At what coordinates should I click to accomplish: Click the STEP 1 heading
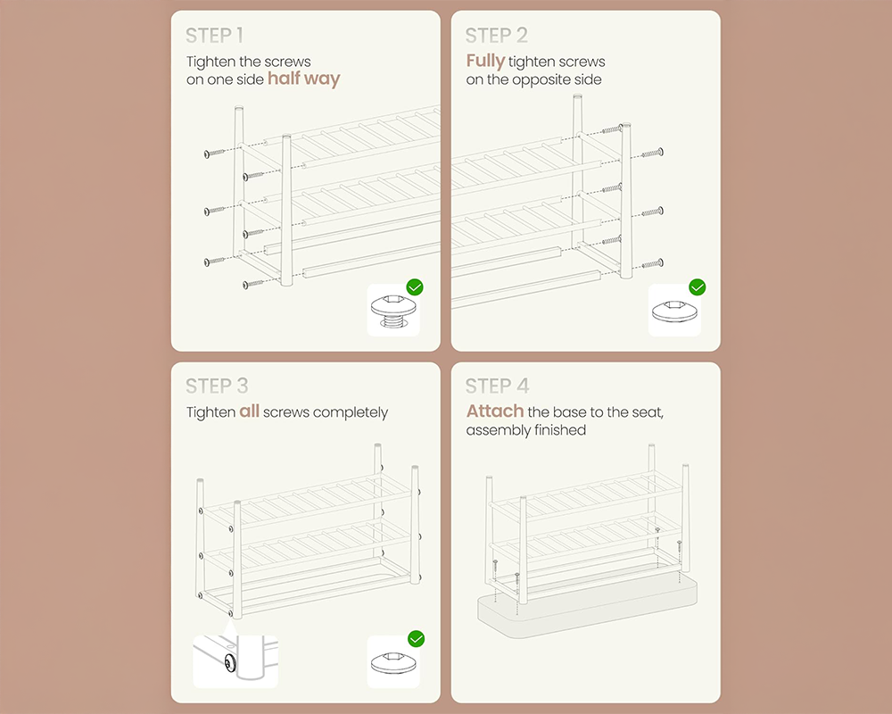pos(214,36)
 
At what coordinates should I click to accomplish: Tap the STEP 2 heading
pos(496,36)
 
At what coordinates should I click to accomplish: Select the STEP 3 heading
pos(217,386)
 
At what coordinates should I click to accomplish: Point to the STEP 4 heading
pos(497,386)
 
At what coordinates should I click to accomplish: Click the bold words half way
pos(304,79)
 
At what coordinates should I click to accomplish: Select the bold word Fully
pos(485,61)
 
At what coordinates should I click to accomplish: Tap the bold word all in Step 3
pos(249,411)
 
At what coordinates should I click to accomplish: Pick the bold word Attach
pos(495,411)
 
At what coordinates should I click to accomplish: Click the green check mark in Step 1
pos(415,287)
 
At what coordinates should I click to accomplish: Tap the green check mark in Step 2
pos(697,287)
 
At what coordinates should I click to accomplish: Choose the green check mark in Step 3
pos(417,639)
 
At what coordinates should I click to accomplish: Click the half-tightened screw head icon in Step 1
pos(393,311)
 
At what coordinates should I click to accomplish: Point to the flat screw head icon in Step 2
pos(674,311)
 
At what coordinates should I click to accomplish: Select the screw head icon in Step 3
pos(393,662)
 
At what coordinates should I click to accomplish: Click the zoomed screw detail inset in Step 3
pos(235,661)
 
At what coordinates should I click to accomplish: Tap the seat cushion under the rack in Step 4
pos(587,606)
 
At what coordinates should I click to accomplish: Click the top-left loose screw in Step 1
pos(215,154)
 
